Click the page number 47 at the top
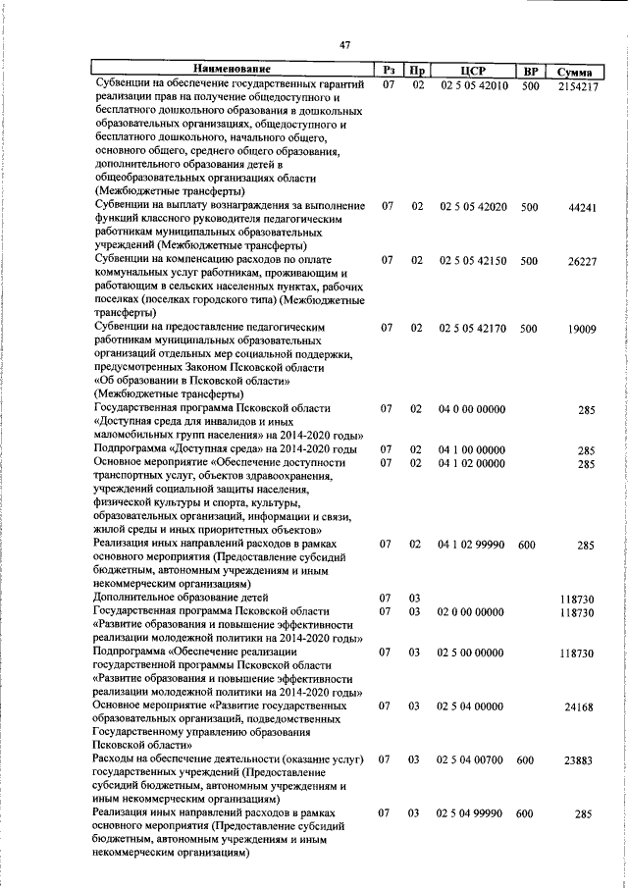[344, 44]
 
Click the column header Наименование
[233, 70]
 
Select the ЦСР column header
[472, 71]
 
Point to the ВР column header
[530, 71]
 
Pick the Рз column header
[389, 71]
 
